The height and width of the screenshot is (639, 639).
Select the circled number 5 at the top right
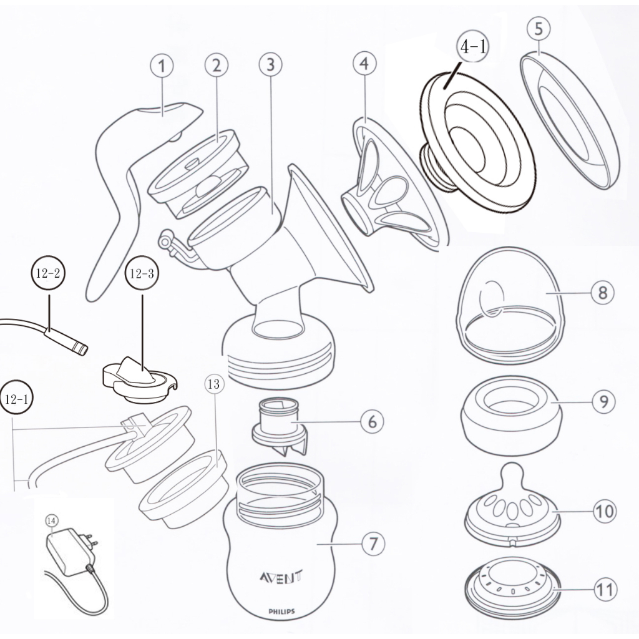(x=539, y=29)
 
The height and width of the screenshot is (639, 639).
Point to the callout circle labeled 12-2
(x=48, y=273)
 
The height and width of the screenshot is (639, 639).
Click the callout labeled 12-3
(x=142, y=273)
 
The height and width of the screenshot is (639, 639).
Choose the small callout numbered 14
(x=52, y=520)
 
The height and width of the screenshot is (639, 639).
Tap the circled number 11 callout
(x=605, y=589)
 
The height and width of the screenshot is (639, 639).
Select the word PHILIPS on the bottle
(x=281, y=612)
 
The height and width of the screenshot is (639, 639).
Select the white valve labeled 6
(x=279, y=426)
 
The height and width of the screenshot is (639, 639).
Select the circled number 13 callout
(x=213, y=384)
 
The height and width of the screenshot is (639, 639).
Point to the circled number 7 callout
(x=373, y=544)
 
